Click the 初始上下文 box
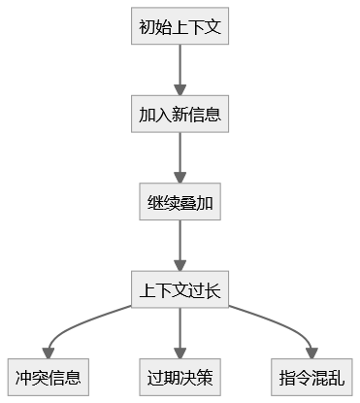[180, 26]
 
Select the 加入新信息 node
[180, 114]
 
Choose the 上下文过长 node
[180, 289]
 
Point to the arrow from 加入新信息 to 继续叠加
[180, 157]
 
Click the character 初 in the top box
[147, 26]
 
